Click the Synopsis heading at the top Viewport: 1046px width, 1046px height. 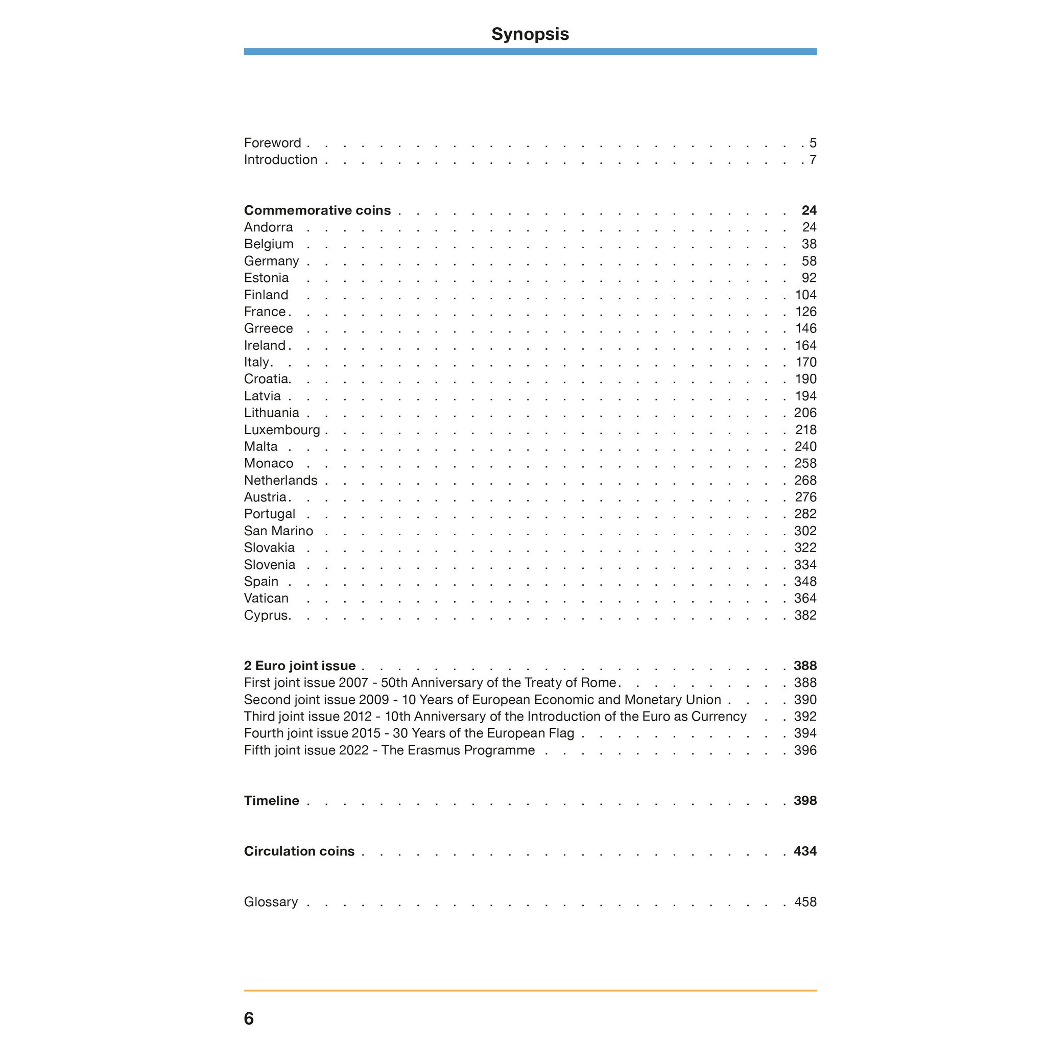pyautogui.click(x=530, y=34)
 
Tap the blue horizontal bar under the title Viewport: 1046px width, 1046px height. pyautogui.click(x=530, y=52)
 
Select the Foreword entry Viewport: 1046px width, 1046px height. pyautogui.click(x=272, y=143)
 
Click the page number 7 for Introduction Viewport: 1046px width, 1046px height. pyautogui.click(x=813, y=160)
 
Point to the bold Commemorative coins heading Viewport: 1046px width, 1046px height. pyautogui.click(x=317, y=210)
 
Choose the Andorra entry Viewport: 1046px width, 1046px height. pyautogui.click(x=268, y=227)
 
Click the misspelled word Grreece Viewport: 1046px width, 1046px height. pyautogui.click(x=268, y=328)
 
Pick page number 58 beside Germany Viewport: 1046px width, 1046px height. pyautogui.click(x=809, y=261)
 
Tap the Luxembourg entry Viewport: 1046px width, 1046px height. pyautogui.click(x=281, y=430)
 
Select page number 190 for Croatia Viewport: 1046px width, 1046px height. pyautogui.click(x=805, y=379)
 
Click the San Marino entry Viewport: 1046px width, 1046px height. pyautogui.click(x=278, y=531)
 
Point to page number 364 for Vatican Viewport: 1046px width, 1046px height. pyautogui.click(x=805, y=598)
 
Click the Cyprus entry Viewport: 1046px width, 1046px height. pyautogui.click(x=267, y=615)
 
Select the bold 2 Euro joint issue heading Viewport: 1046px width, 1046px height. pyautogui.click(x=299, y=666)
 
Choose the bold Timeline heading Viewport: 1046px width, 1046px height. pyautogui.click(x=271, y=801)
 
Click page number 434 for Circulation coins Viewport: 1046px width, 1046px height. pyautogui.click(x=805, y=851)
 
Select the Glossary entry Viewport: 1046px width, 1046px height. pyautogui.click(x=271, y=902)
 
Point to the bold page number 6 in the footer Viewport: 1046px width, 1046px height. pyautogui.click(x=249, y=1018)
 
